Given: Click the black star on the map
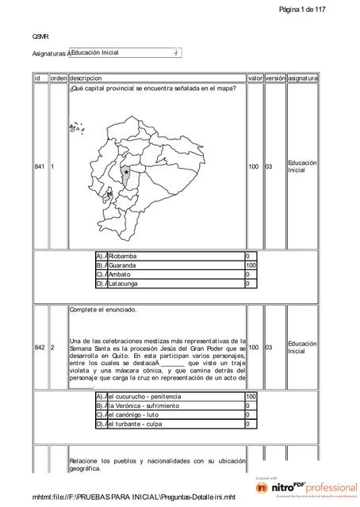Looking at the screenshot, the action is click(x=126, y=171).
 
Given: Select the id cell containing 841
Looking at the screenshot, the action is click(x=40, y=167).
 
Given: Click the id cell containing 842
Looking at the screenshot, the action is click(x=40, y=348).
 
